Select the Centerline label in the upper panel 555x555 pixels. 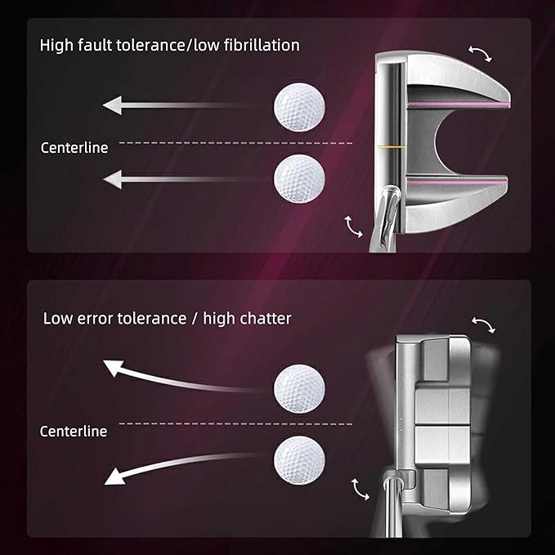coord(74,148)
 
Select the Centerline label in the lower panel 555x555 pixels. coord(74,431)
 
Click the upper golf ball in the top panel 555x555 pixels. coord(299,107)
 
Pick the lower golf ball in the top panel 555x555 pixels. coord(299,178)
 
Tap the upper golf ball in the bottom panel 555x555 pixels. coord(299,388)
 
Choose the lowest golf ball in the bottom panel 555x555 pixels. coord(299,460)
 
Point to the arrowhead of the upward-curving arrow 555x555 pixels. coord(114,367)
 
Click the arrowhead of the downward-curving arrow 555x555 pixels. coord(115,477)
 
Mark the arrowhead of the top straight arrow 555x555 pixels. coord(113,105)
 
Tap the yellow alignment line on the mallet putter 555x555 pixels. coord(392,145)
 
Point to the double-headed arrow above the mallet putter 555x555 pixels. coord(481,53)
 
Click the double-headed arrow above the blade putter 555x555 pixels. coord(484,324)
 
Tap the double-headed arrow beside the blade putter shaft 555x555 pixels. coord(360,490)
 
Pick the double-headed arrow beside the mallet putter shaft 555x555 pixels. coord(353,227)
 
